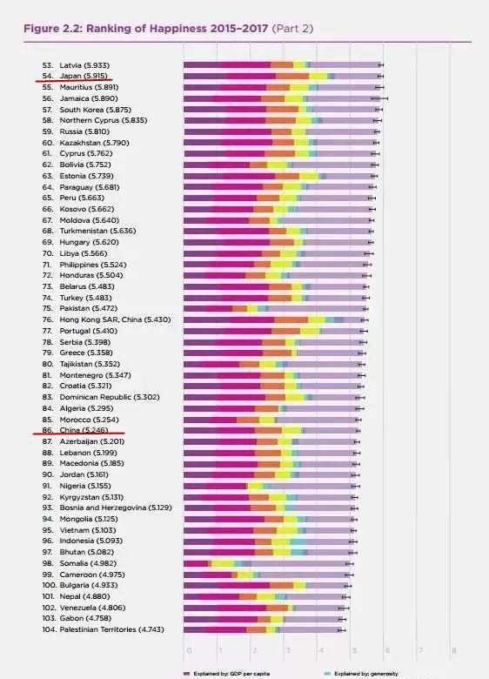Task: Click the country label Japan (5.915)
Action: pos(84,77)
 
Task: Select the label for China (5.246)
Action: pos(84,430)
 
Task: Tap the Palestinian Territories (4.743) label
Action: pos(111,629)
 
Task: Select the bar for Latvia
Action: pos(282,65)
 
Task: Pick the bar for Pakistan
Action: pos(275,309)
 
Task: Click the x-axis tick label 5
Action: pos(354,650)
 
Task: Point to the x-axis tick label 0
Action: pos(189,650)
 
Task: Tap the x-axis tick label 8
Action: pos(454,650)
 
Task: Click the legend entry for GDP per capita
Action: pos(227,674)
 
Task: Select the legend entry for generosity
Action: pos(361,674)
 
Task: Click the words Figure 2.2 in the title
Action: pos(53,29)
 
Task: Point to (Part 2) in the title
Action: pos(292,29)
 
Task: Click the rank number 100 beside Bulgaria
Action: pos(50,586)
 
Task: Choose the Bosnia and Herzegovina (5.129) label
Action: pos(116,508)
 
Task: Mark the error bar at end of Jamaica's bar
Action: pos(379,98)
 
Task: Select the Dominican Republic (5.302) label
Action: pos(110,397)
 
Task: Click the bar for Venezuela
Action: pos(264,608)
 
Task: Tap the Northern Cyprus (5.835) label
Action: pos(104,120)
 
